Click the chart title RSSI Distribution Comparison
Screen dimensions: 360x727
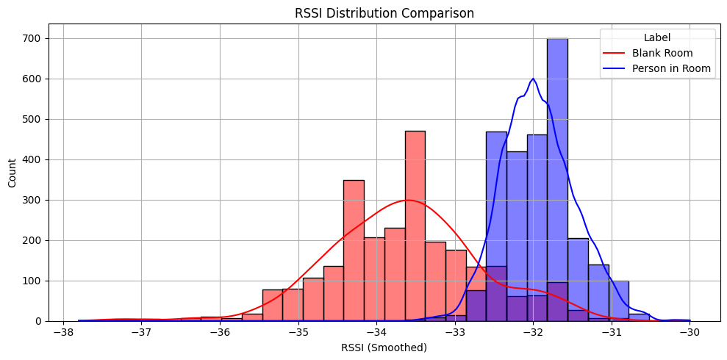[384, 12]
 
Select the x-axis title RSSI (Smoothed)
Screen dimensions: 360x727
[384, 348]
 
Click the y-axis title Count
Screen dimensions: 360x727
[12, 173]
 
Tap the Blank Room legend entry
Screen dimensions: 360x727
[662, 53]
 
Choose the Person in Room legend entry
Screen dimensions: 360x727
[671, 68]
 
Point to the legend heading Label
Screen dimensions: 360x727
[656, 37]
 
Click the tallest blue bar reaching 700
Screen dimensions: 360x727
[557, 176]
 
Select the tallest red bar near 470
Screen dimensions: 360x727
[415, 220]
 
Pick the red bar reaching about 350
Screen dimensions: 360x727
[354, 250]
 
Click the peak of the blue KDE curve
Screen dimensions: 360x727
[533, 79]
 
